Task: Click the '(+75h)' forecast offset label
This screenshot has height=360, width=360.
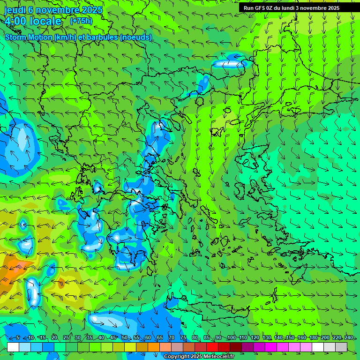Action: [81, 21]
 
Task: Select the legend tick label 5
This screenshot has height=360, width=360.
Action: [18, 338]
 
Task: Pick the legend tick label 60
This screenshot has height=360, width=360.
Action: [148, 338]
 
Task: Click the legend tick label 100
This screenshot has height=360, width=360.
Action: [231, 338]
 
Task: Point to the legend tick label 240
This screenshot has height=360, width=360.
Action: [349, 338]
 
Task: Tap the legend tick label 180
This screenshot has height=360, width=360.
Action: [313, 338]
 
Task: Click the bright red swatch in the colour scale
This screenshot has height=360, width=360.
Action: [212, 347]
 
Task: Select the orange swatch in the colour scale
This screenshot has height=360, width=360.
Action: [142, 347]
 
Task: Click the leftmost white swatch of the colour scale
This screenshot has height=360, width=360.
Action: [13, 347]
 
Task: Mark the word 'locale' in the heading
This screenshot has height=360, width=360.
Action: [45, 21]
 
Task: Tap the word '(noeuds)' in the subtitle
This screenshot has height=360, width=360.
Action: [136, 37]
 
